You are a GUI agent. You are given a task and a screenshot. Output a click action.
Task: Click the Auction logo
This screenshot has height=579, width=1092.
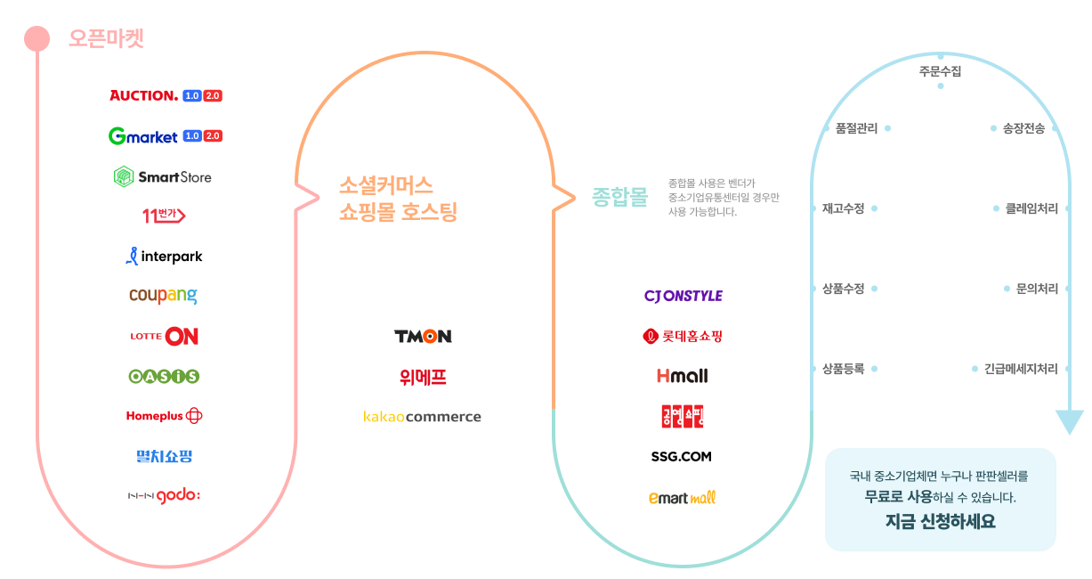click(x=144, y=95)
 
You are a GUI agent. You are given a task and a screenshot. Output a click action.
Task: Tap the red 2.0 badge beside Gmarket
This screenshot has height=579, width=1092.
click(x=214, y=136)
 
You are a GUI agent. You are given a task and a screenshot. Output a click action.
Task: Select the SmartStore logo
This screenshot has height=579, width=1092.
click(x=163, y=176)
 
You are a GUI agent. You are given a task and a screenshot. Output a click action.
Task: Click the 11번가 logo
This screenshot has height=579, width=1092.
click(x=164, y=216)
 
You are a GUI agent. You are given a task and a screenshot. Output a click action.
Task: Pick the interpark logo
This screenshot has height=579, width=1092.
click(x=164, y=257)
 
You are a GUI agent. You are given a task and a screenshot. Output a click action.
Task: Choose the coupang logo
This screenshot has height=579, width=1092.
click(x=163, y=296)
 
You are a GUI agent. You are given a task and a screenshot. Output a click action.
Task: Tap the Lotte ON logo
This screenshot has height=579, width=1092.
click(x=164, y=336)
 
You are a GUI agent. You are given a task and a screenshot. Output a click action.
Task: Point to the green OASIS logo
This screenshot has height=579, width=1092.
click(x=164, y=376)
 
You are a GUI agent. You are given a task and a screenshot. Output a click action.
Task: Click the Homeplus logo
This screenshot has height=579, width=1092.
click(x=164, y=416)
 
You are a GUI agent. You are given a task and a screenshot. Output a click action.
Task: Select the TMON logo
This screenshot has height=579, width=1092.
click(x=423, y=336)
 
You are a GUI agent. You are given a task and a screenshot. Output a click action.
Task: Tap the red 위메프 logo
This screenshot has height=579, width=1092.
click(x=423, y=377)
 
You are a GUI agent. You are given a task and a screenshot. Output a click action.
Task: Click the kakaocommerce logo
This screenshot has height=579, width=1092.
click(x=422, y=417)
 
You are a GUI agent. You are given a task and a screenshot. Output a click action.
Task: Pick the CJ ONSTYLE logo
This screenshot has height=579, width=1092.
click(x=683, y=296)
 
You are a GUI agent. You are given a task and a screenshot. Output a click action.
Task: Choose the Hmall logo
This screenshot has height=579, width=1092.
click(x=683, y=376)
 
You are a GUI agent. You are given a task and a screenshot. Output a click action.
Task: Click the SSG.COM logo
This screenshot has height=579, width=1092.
click(x=682, y=457)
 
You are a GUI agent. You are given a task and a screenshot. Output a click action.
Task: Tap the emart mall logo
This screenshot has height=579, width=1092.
click(x=683, y=497)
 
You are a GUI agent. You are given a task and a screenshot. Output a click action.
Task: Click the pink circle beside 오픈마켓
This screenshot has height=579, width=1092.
click(x=36, y=38)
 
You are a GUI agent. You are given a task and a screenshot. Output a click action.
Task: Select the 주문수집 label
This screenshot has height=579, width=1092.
click(x=940, y=71)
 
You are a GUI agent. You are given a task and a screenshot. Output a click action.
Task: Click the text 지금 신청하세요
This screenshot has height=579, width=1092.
click(x=940, y=522)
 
